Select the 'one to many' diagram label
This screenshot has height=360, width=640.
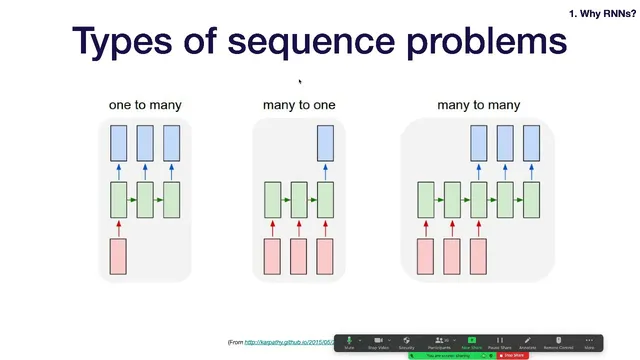pos(145,105)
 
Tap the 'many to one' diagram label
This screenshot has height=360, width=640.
pos(299,105)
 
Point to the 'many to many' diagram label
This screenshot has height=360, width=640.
pos(478,105)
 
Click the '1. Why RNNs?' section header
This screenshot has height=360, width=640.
pos(601,13)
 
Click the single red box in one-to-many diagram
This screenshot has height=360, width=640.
pos(118,256)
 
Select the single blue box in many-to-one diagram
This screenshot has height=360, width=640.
pos(325,143)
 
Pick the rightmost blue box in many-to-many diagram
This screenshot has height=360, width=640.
pos(531,143)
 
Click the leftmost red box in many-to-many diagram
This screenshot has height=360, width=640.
pos(425,256)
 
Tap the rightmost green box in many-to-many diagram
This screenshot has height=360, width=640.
pos(531,200)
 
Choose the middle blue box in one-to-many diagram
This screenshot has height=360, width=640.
pos(145,143)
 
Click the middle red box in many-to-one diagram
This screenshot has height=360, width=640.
pos(298,256)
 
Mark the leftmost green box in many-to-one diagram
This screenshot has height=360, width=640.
pos(272,200)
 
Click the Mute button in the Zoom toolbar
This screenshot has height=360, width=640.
pos(350,342)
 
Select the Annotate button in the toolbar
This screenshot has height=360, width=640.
pos(527,342)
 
